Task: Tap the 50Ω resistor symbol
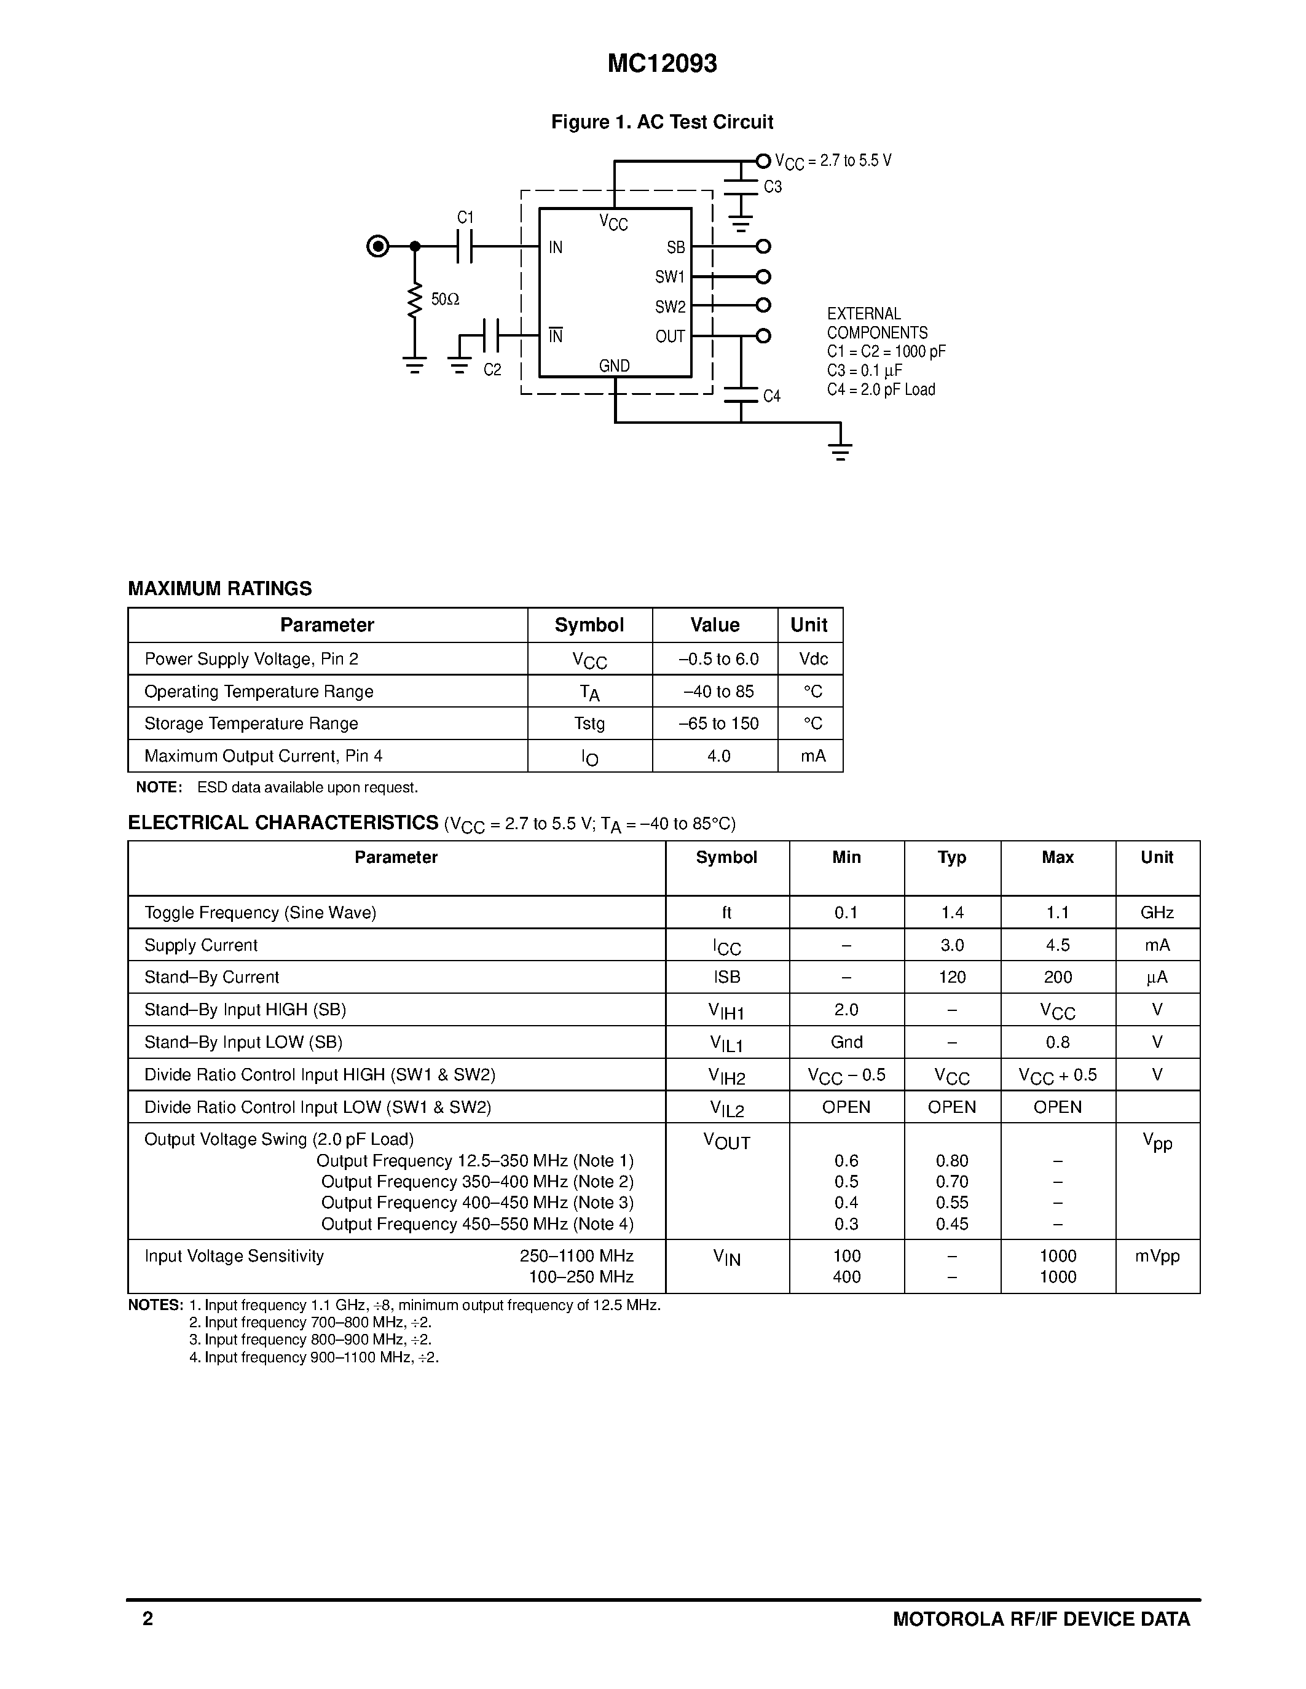[415, 301]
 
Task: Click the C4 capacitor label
[771, 396]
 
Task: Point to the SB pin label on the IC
[675, 248]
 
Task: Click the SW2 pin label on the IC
[670, 307]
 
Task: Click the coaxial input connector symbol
[377, 247]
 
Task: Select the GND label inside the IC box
[615, 366]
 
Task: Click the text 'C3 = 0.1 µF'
[864, 370]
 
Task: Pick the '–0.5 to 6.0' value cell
[718, 659]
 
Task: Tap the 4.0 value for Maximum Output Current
[718, 755]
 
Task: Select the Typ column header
[951, 857]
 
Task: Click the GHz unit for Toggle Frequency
[1157, 913]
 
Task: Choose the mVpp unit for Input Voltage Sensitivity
[1157, 1256]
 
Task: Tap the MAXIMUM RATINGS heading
[220, 588]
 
